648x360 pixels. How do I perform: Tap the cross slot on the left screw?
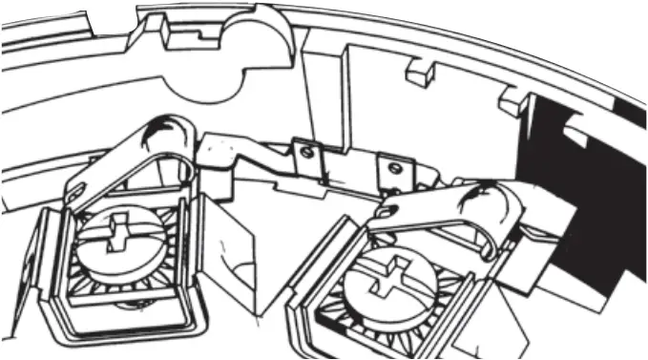(118, 233)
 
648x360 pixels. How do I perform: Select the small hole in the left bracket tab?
(305, 150)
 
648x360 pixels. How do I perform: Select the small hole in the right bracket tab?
(391, 168)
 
